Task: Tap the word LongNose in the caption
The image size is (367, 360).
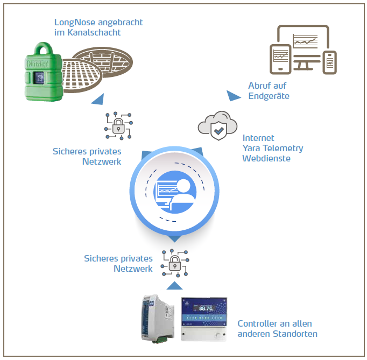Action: (x=75, y=23)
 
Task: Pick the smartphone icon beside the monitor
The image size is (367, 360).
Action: (x=329, y=62)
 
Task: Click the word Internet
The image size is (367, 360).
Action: (x=258, y=138)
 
